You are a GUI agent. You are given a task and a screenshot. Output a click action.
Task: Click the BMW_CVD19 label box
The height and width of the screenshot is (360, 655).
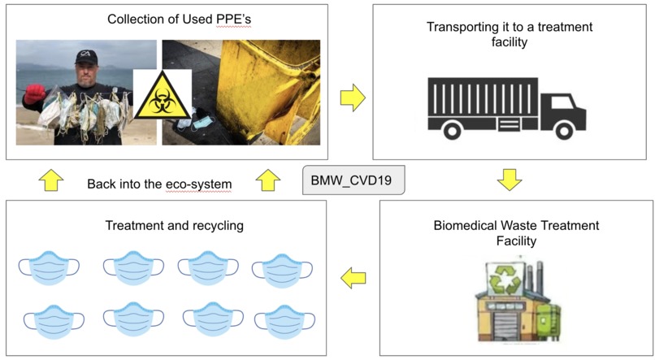[353, 180]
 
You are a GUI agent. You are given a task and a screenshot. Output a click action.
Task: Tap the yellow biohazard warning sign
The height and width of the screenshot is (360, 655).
[163, 96]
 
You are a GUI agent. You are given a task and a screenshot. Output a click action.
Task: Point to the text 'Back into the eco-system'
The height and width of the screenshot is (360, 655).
[159, 184]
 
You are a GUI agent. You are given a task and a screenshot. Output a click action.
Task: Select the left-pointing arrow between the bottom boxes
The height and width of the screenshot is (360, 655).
[352, 279]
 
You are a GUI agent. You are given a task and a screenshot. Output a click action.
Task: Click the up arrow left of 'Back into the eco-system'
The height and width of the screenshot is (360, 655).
[50, 180]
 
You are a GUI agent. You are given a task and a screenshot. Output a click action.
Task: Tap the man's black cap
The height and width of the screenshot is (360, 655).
[86, 56]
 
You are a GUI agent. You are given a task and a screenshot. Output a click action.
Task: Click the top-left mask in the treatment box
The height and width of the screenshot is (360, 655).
[49, 267]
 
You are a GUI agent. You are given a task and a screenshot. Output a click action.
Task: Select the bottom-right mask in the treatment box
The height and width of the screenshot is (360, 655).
[279, 320]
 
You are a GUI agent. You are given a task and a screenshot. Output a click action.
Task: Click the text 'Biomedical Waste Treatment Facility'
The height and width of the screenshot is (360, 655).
[516, 232]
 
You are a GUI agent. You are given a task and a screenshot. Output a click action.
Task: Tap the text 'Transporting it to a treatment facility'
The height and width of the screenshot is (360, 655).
[510, 34]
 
